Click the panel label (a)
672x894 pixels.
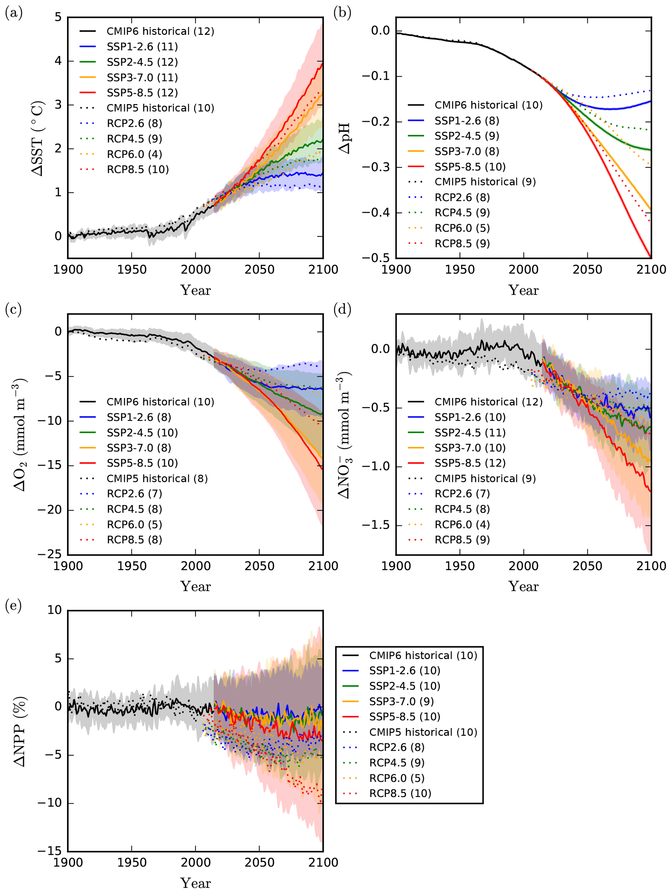click(x=13, y=14)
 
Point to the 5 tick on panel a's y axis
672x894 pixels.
click(x=58, y=17)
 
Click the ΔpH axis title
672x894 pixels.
click(x=345, y=138)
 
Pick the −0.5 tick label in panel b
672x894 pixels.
click(x=376, y=258)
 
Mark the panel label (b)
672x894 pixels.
click(x=342, y=14)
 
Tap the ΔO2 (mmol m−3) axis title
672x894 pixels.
click(x=20, y=435)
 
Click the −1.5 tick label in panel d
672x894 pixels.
click(x=376, y=525)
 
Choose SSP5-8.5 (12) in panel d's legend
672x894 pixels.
click(x=470, y=463)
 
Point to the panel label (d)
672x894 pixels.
click(x=342, y=309)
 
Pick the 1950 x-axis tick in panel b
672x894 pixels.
click(x=460, y=269)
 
